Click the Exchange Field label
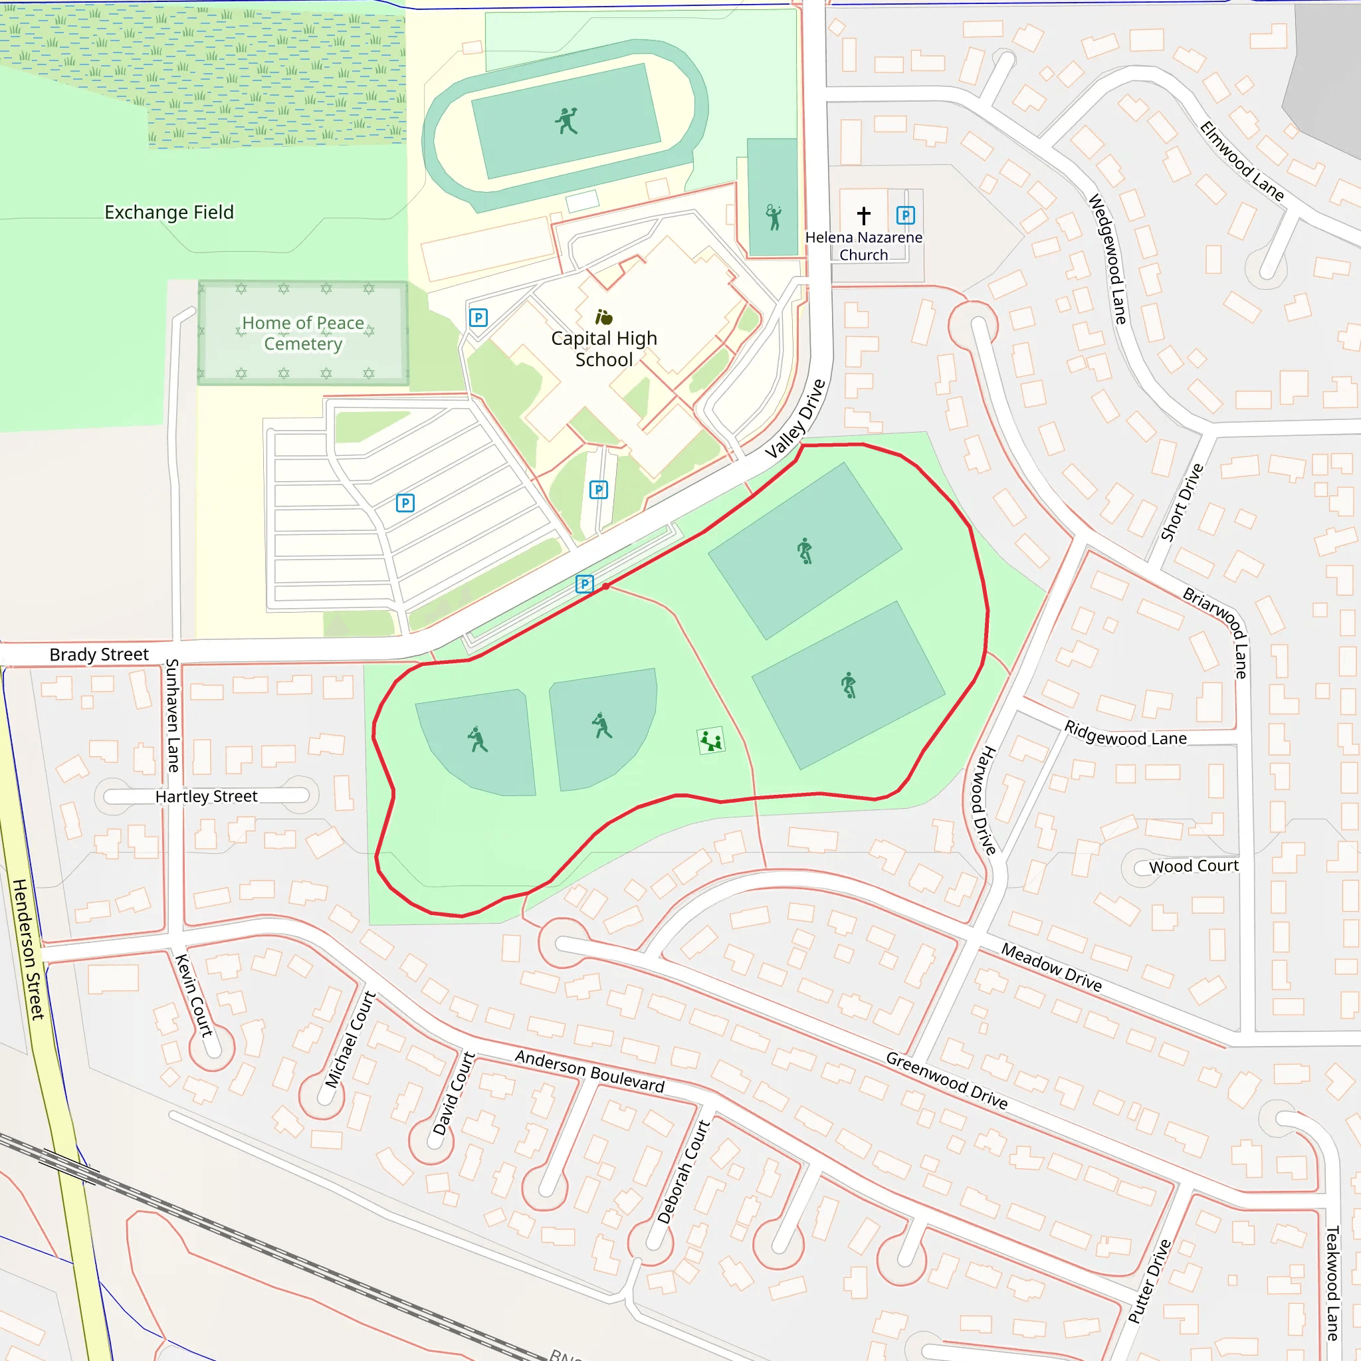pyautogui.click(x=169, y=212)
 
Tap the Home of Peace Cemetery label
pyautogui.click(x=303, y=333)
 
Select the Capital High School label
pyautogui.click(x=603, y=349)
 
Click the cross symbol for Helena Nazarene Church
pyautogui.click(x=864, y=215)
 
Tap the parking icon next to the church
pyautogui.click(x=905, y=215)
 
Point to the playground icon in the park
pyautogui.click(x=711, y=741)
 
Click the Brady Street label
pyautogui.click(x=98, y=655)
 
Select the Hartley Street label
pyautogui.click(x=207, y=796)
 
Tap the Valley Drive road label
pyautogui.click(x=795, y=419)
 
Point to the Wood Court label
pyautogui.click(x=1194, y=866)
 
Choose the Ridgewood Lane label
pyautogui.click(x=1125, y=734)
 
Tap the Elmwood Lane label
pyautogui.click(x=1242, y=161)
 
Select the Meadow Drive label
pyautogui.click(x=1051, y=967)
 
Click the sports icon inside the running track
pyautogui.click(x=566, y=121)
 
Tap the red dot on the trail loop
pyautogui.click(x=606, y=586)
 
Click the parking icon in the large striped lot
pyautogui.click(x=405, y=503)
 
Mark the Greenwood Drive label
pyautogui.click(x=946, y=1080)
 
